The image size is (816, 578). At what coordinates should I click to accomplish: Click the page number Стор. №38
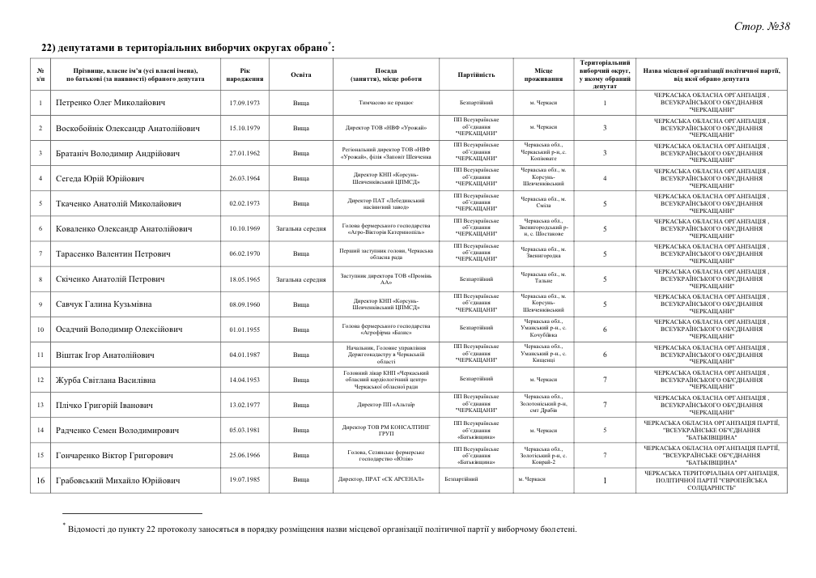pos(761,28)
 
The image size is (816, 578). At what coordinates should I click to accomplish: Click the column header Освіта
pos(300,74)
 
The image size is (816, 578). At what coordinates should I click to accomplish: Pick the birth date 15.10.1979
pos(244,129)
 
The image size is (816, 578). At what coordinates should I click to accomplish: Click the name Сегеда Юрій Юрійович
pos(100,179)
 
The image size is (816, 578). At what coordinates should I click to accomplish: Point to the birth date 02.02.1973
pos(244,204)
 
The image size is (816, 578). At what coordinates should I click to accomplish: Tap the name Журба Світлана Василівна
pos(107,380)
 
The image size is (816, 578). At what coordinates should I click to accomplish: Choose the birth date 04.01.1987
pos(244,355)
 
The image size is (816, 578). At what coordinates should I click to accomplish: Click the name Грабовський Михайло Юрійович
pos(117,480)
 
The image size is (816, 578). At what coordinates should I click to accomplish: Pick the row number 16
pos(40,480)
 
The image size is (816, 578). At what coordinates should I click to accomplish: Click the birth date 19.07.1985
pos(244,480)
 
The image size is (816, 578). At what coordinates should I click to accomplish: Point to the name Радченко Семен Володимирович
pos(117,430)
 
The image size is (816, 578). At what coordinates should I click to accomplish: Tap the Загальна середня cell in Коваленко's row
pos(300,229)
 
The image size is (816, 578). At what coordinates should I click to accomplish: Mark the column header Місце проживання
pos(542,74)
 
